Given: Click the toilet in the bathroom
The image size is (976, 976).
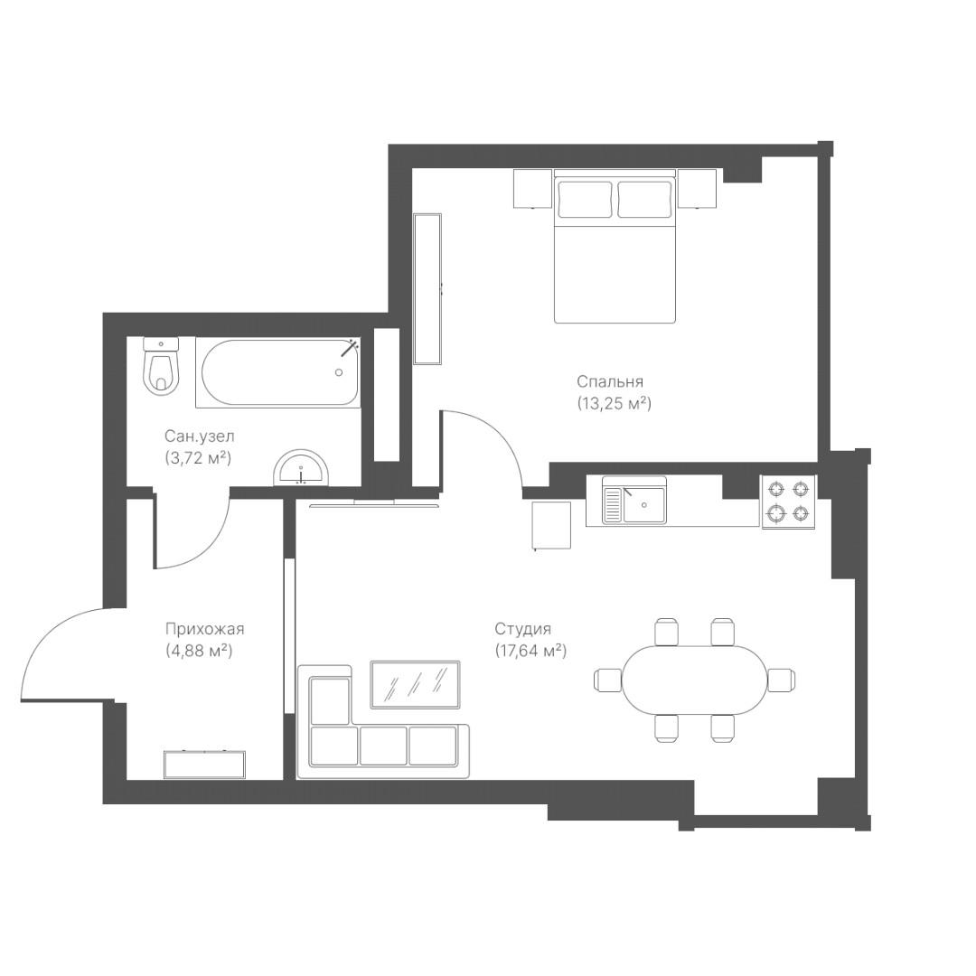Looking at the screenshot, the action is (161, 366).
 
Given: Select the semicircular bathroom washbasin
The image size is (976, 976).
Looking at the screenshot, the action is (301, 467).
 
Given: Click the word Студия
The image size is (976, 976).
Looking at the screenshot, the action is (523, 630).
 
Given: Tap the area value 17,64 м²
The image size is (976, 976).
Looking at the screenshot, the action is (531, 651).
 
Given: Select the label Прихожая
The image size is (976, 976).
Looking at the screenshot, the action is (205, 629).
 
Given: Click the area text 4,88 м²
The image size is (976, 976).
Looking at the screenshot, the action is (199, 651).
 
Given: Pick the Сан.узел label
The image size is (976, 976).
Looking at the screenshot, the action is (200, 436).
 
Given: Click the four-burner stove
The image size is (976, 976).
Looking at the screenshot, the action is (789, 502).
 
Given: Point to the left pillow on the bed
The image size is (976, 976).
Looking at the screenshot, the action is (585, 199).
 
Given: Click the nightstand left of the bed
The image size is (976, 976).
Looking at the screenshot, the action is (533, 189).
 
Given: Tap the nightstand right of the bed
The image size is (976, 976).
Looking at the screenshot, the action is (698, 189).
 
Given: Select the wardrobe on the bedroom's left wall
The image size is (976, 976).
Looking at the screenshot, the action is (427, 289).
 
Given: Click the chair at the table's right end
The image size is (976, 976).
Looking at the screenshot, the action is (781, 680).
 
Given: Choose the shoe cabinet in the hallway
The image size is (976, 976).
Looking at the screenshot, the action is (205, 765).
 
